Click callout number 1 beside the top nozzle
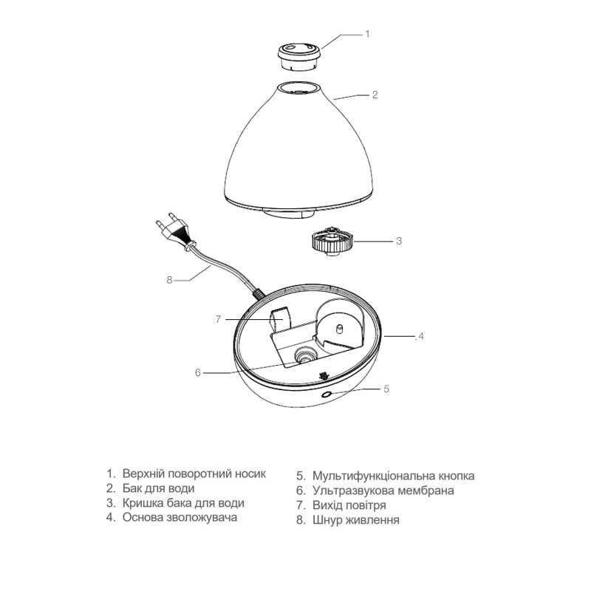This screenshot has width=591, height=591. pos(367,34)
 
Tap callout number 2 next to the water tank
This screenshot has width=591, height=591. pos(375,95)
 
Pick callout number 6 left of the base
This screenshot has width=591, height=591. pos(198,373)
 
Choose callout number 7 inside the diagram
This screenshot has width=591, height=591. pos(219,320)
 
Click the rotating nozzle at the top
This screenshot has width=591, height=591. pos(300,54)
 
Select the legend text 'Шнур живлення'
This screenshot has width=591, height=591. pos(356,520)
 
